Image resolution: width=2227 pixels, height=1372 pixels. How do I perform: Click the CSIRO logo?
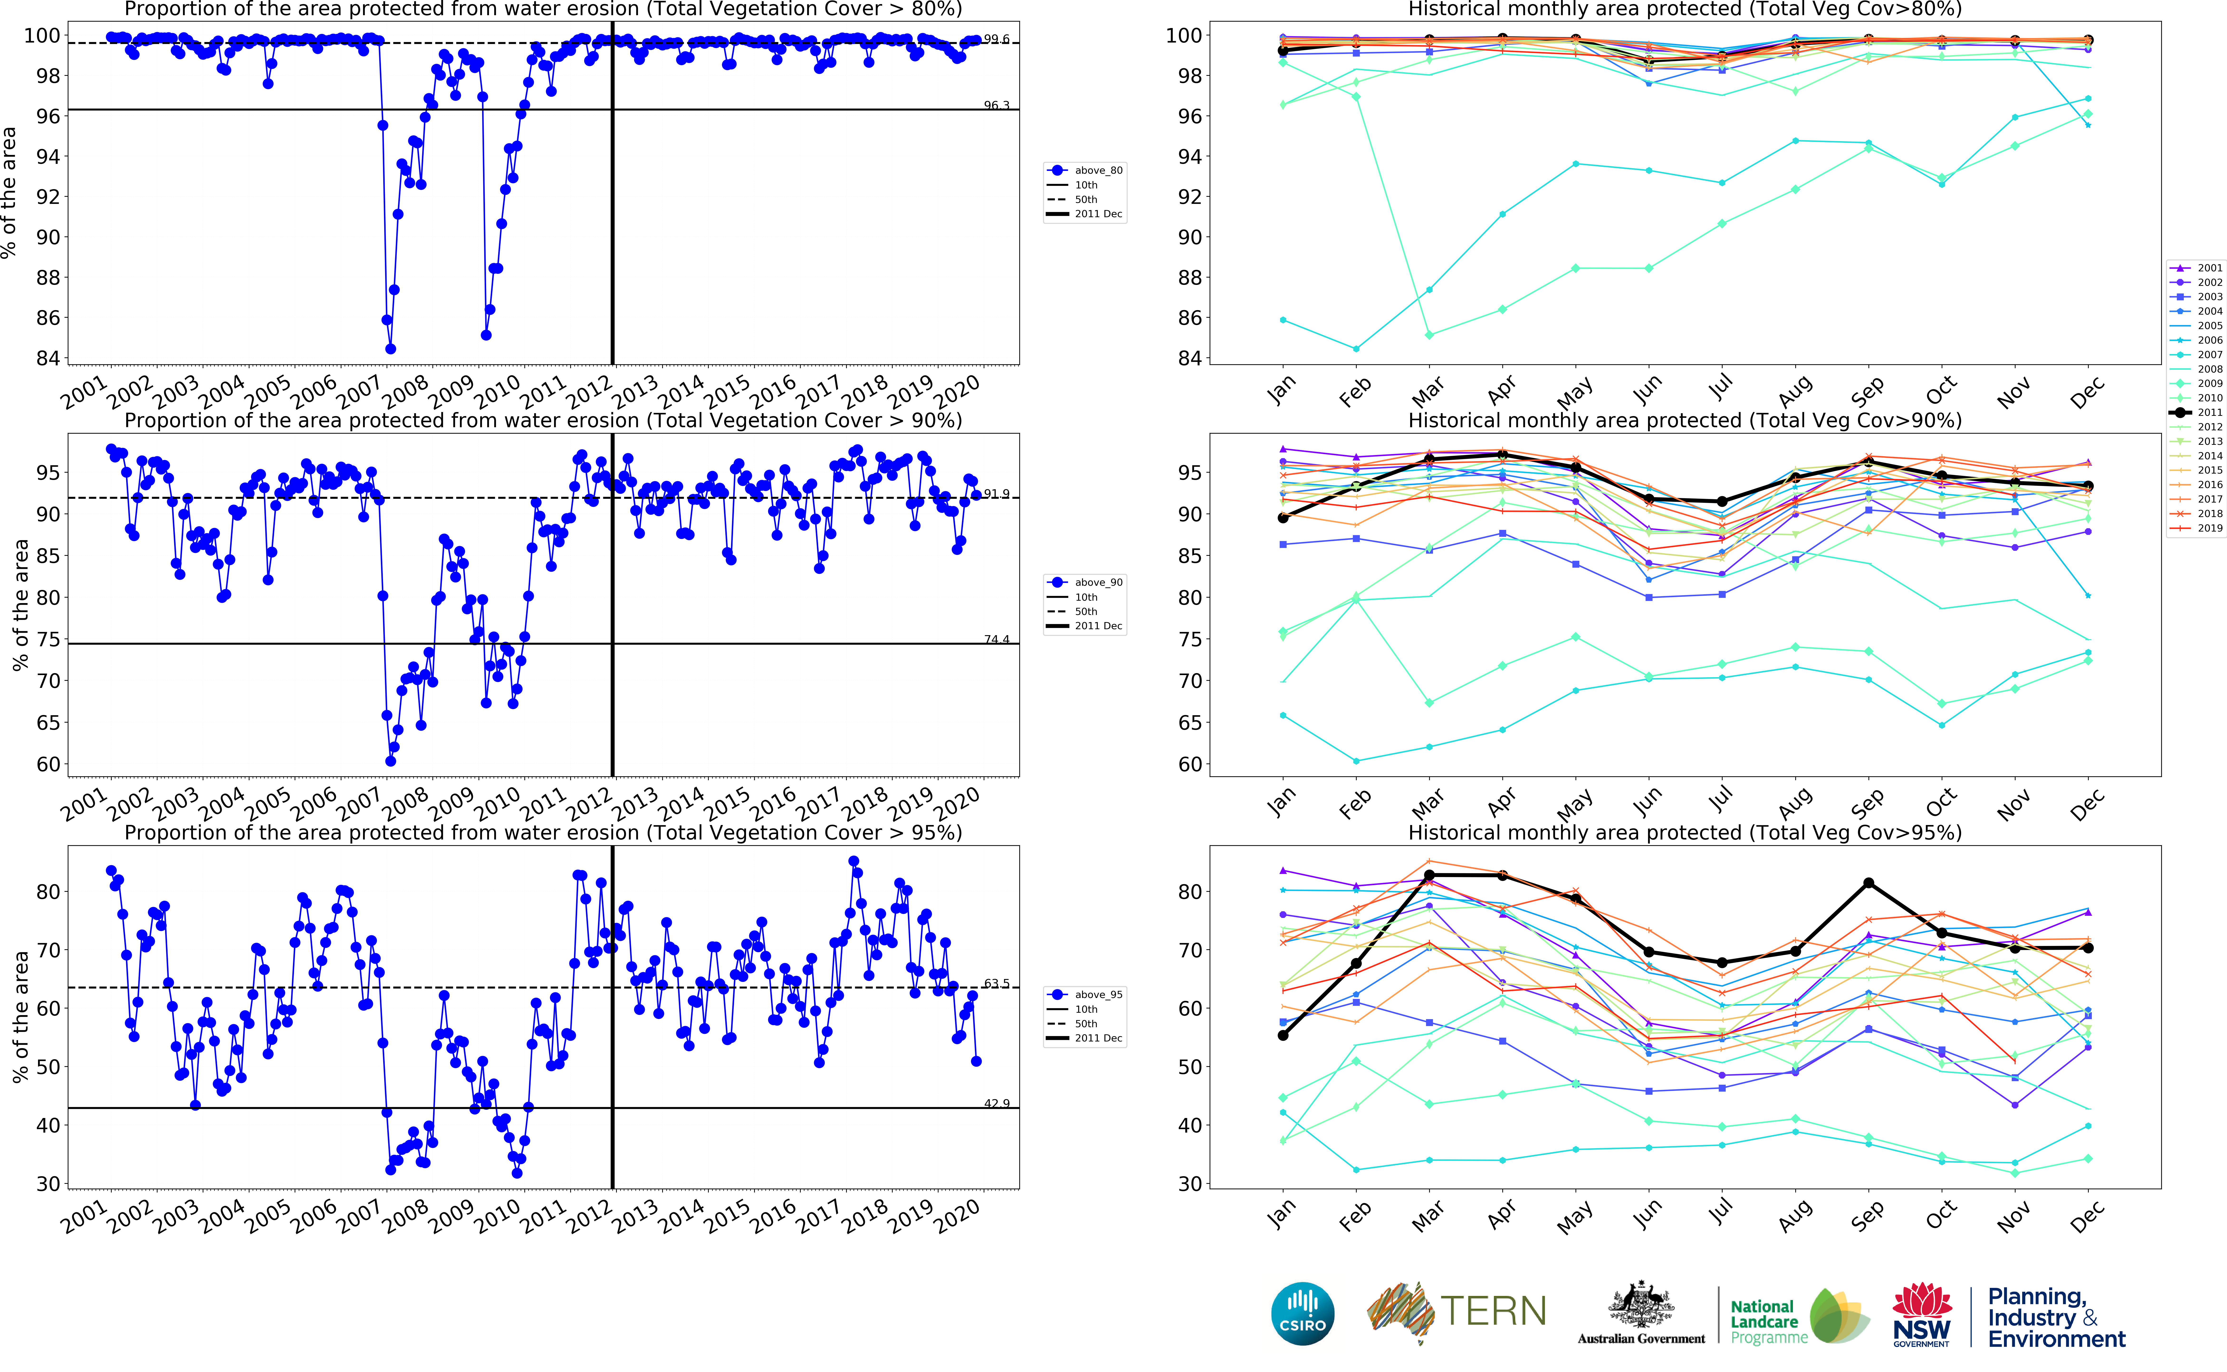coord(1303,1313)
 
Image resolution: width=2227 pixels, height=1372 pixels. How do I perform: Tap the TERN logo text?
coord(1493,1311)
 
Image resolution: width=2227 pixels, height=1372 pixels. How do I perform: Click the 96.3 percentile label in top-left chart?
coord(996,105)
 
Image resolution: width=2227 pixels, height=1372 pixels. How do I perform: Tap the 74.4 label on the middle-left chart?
coord(996,640)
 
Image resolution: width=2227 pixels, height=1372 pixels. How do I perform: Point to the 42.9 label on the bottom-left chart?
coord(996,1103)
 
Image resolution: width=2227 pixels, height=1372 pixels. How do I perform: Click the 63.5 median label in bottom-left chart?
coord(996,984)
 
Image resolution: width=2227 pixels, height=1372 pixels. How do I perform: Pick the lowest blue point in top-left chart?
coord(390,348)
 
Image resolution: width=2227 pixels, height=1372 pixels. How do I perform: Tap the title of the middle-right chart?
coord(1685,420)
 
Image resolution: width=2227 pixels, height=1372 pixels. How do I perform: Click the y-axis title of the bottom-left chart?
coord(20,1016)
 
